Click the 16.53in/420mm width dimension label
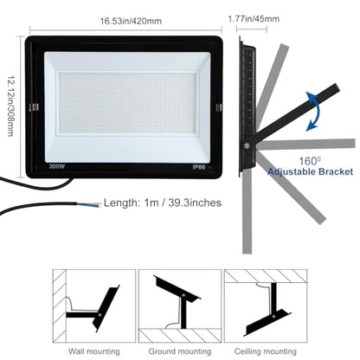131,21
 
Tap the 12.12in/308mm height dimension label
10,106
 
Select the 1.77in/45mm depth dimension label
254,19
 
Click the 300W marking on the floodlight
57,166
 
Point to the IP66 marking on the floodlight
199,167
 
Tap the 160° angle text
310,161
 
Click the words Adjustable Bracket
310,171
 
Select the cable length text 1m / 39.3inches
183,202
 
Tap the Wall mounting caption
94,351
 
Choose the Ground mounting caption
180,351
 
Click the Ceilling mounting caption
266,351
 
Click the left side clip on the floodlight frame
34,107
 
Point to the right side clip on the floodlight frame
218,107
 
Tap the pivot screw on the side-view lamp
247,145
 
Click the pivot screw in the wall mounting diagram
100,315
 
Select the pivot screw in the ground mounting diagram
183,295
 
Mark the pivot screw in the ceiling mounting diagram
273,316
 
